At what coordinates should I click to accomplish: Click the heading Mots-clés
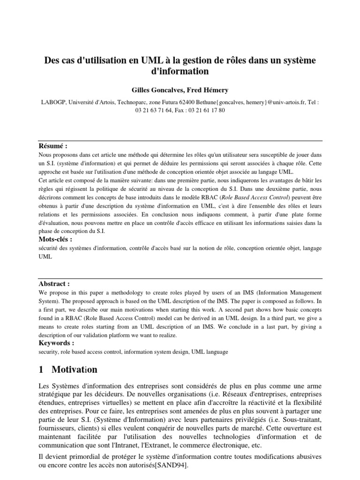[x=56, y=240]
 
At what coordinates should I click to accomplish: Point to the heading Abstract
[x=54, y=271]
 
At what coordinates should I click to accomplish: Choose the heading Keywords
[x=56, y=343]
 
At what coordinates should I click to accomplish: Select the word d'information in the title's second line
[x=180, y=72]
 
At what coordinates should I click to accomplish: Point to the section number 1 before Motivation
[x=41, y=369]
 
